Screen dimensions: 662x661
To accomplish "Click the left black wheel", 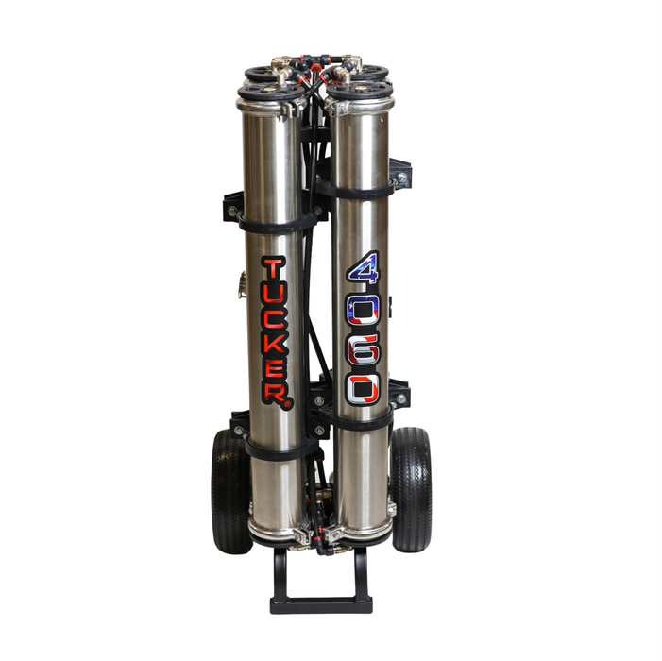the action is pos(230,492).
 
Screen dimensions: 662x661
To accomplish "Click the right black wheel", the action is pos(411,490).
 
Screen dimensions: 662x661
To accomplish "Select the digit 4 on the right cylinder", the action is pos(364,267).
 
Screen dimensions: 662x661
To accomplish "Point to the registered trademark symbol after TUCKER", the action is pos(287,404).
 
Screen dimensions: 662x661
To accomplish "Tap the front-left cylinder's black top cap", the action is pos(271,91).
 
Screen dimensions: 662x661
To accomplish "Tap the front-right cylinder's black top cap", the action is pos(359,90).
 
